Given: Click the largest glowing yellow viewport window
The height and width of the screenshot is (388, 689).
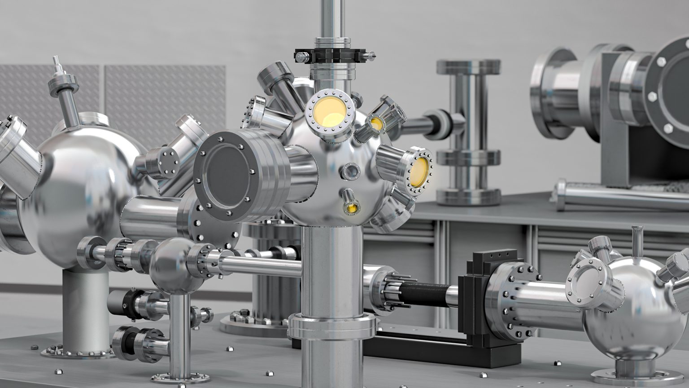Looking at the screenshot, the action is click(329, 111).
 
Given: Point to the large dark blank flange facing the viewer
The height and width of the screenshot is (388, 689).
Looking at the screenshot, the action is click(227, 172).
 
